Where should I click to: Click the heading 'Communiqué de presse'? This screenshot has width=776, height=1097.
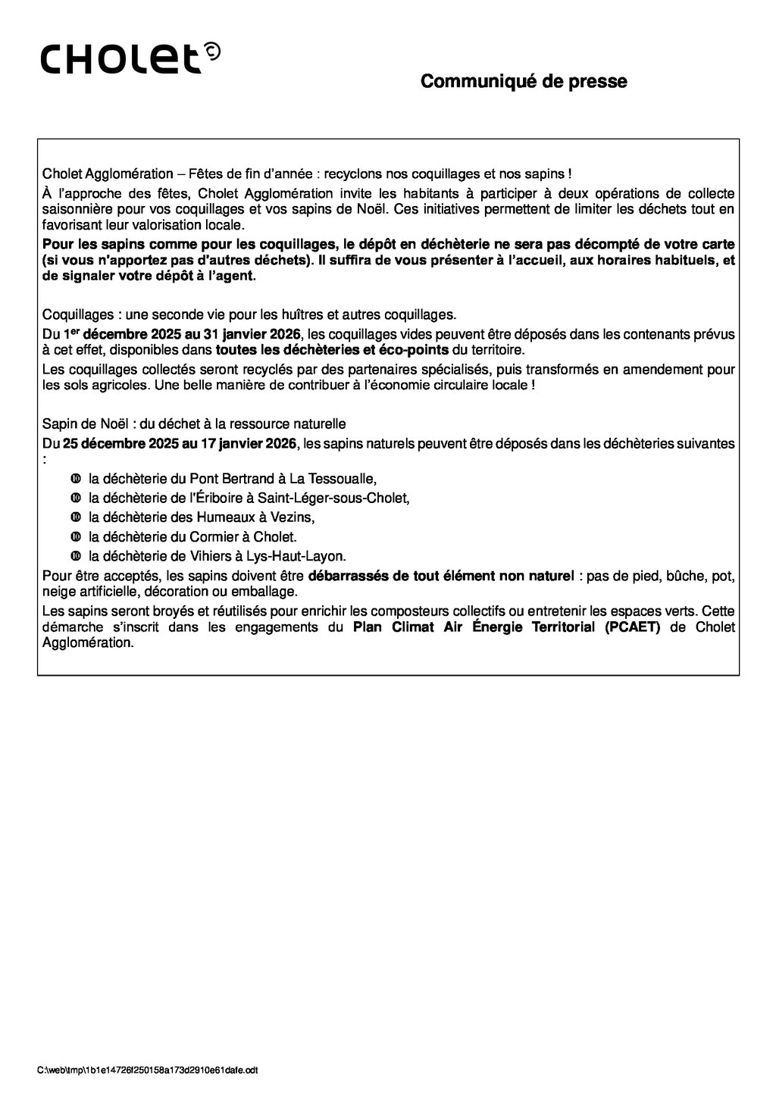524,81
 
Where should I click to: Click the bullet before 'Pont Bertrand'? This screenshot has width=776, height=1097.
75,479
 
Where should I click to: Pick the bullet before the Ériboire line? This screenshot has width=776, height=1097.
75,498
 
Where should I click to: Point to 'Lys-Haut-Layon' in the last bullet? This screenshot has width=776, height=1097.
305,556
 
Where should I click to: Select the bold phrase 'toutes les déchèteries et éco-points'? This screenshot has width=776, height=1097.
332,352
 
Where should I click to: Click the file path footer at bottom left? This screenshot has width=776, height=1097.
148,1070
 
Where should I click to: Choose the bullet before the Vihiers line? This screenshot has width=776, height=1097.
75,556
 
